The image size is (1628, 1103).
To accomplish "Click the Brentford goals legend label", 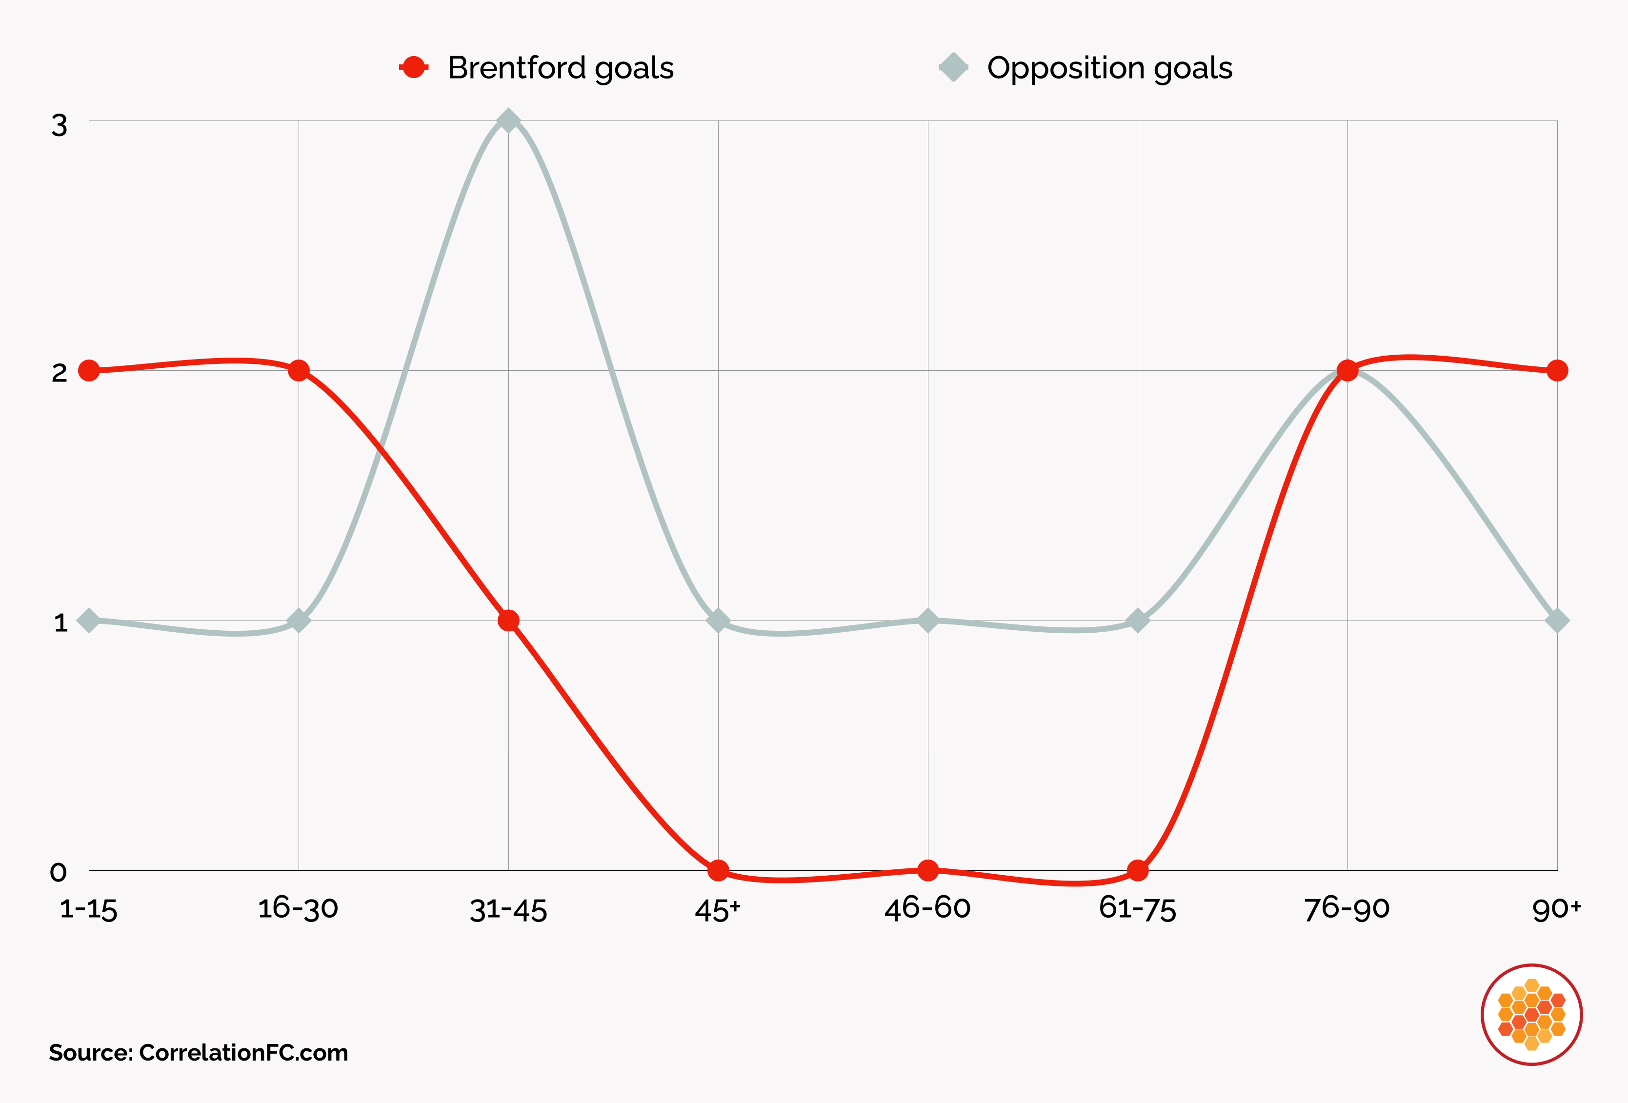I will [561, 68].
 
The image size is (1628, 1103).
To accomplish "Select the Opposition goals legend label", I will [1109, 68].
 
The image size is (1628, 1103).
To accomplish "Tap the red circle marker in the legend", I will [414, 67].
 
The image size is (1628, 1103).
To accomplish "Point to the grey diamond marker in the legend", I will [953, 67].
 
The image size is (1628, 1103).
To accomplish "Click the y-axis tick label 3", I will [60, 126].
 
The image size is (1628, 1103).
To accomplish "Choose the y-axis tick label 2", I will [60, 373].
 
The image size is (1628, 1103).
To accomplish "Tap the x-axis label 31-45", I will [508, 910].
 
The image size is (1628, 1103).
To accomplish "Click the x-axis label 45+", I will [717, 910].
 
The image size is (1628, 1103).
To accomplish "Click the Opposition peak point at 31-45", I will [508, 120].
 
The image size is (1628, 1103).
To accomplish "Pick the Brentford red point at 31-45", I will [508, 621].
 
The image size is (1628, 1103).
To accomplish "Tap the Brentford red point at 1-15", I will [89, 370].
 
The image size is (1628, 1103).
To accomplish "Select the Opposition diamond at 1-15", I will [89, 621].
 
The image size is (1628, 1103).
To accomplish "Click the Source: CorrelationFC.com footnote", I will [198, 1053].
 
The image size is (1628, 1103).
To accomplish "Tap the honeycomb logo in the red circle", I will [1532, 1015].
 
